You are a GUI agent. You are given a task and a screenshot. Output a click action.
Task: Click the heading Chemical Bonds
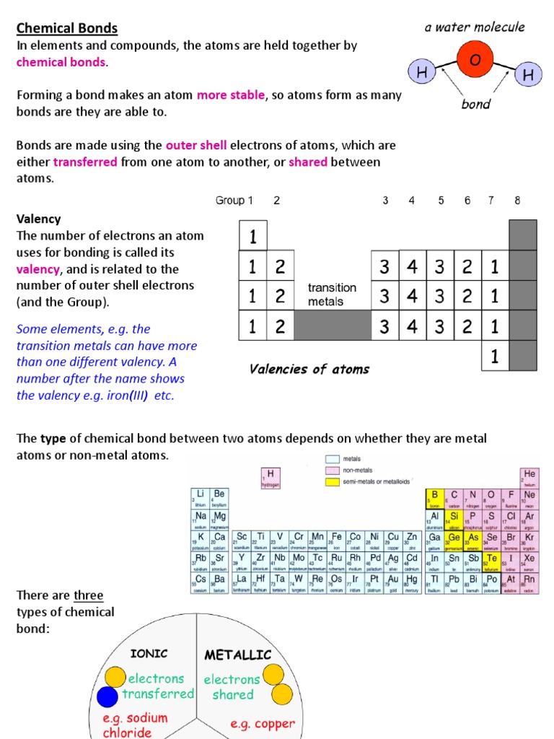click(x=67, y=29)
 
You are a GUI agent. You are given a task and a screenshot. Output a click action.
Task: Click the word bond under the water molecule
click(x=475, y=105)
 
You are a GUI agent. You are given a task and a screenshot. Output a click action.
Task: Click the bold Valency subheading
click(x=38, y=219)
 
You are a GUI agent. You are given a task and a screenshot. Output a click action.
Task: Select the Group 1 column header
click(x=234, y=201)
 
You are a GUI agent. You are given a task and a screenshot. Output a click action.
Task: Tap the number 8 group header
click(x=517, y=201)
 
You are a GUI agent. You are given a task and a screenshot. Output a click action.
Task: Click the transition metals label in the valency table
click(x=332, y=294)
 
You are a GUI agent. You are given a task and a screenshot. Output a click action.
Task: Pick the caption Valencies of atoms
click(x=309, y=369)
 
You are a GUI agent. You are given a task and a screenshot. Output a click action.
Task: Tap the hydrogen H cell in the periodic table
click(x=271, y=477)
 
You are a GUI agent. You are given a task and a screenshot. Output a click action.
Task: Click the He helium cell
click(x=529, y=478)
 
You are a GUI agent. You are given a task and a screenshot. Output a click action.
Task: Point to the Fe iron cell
click(x=336, y=540)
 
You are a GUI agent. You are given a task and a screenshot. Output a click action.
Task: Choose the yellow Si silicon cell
click(x=454, y=520)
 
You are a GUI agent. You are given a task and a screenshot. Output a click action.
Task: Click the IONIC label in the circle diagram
click(x=149, y=654)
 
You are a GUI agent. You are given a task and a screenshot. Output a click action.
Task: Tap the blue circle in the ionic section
click(x=107, y=697)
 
